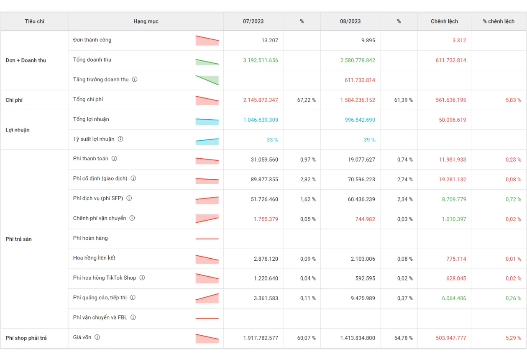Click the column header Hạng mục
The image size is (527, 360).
(146, 21)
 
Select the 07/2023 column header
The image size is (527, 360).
(253, 21)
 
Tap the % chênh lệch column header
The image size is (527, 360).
(499, 21)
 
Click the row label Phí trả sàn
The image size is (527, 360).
(18, 239)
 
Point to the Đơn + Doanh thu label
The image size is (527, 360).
(26, 60)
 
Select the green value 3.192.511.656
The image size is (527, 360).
(261, 60)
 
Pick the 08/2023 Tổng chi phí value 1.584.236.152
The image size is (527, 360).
(358, 100)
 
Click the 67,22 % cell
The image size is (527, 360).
(306, 100)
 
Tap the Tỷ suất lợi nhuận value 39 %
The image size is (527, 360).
(369, 140)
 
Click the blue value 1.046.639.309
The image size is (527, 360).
(261, 120)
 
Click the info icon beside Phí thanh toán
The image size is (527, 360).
(114, 159)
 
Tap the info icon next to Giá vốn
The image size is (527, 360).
(97, 337)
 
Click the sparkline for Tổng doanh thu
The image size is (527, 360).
(207, 62)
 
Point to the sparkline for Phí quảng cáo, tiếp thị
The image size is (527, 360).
(207, 298)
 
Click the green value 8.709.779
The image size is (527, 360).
(454, 199)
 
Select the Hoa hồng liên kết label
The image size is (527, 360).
(94, 258)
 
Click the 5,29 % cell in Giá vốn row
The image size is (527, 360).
(513, 338)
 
